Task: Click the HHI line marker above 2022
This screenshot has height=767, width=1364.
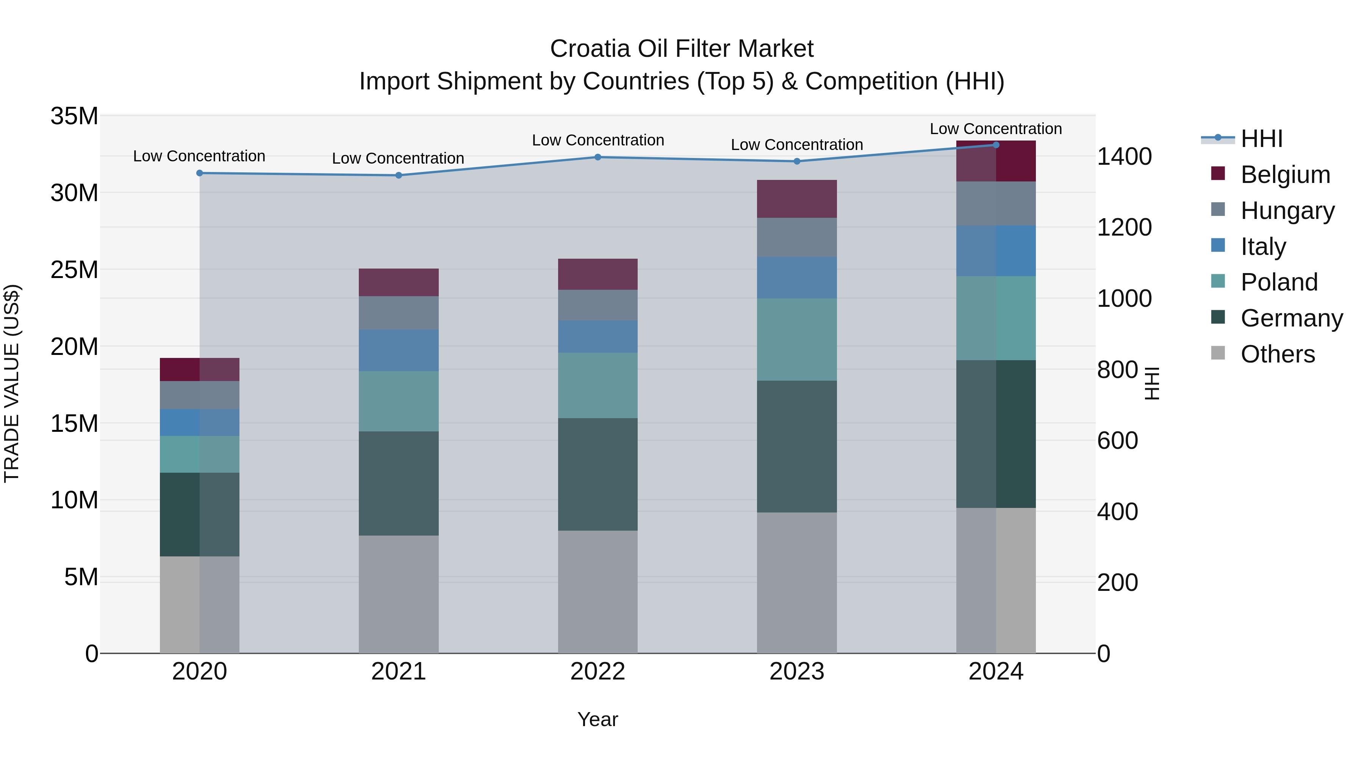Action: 598,157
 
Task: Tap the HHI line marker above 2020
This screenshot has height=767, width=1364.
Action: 200,173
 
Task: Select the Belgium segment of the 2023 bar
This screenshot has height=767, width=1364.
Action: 796,198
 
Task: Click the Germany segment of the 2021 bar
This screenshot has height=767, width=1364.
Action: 398,483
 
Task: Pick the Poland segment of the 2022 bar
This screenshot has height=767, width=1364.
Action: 598,385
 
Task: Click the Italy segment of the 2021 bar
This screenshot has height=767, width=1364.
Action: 398,350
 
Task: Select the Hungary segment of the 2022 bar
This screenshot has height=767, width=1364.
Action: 598,305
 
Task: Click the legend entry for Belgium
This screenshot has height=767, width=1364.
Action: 1285,175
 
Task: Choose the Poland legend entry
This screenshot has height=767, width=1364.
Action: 1279,282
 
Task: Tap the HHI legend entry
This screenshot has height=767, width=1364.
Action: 1261,139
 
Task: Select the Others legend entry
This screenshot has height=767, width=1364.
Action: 1277,354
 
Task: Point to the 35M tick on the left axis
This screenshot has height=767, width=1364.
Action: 74,116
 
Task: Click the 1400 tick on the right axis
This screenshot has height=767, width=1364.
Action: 1124,157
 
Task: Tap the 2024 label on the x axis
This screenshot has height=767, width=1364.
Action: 995,672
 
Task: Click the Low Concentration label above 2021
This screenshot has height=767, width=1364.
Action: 398,158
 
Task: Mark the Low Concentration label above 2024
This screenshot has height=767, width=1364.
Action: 995,129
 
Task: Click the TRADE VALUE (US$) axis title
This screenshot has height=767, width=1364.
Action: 12,383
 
